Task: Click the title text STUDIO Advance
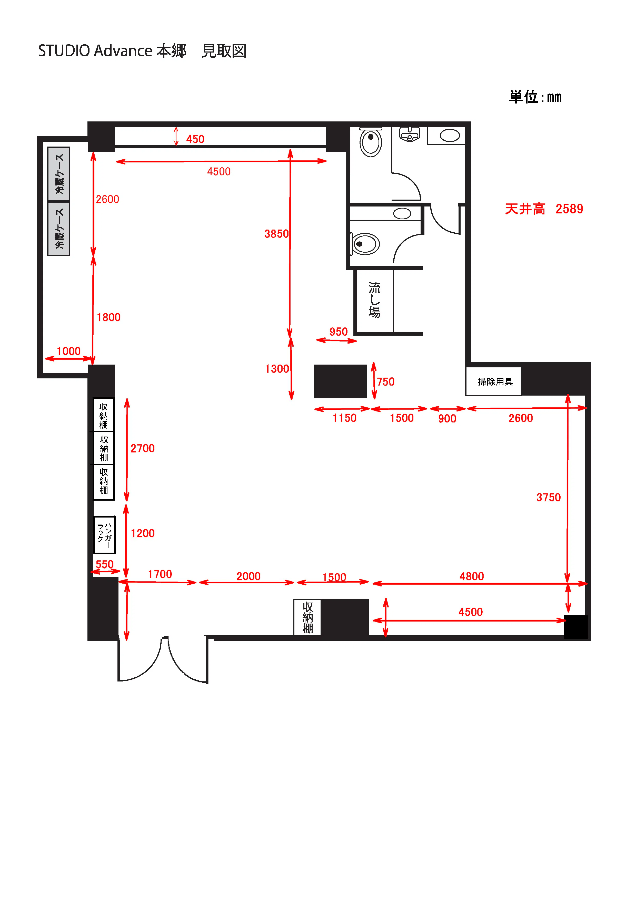pyautogui.click(x=95, y=51)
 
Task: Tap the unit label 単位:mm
pyautogui.click(x=535, y=97)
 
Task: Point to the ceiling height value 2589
pyautogui.click(x=569, y=209)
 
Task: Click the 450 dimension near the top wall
pyautogui.click(x=195, y=139)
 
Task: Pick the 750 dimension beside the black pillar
pyautogui.click(x=386, y=381)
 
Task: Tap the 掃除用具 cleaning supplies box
pyautogui.click(x=494, y=381)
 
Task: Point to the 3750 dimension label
pyautogui.click(x=549, y=497)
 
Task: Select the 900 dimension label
pyautogui.click(x=447, y=419)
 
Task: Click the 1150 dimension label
pyautogui.click(x=344, y=418)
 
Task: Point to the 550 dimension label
pyautogui.click(x=105, y=564)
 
